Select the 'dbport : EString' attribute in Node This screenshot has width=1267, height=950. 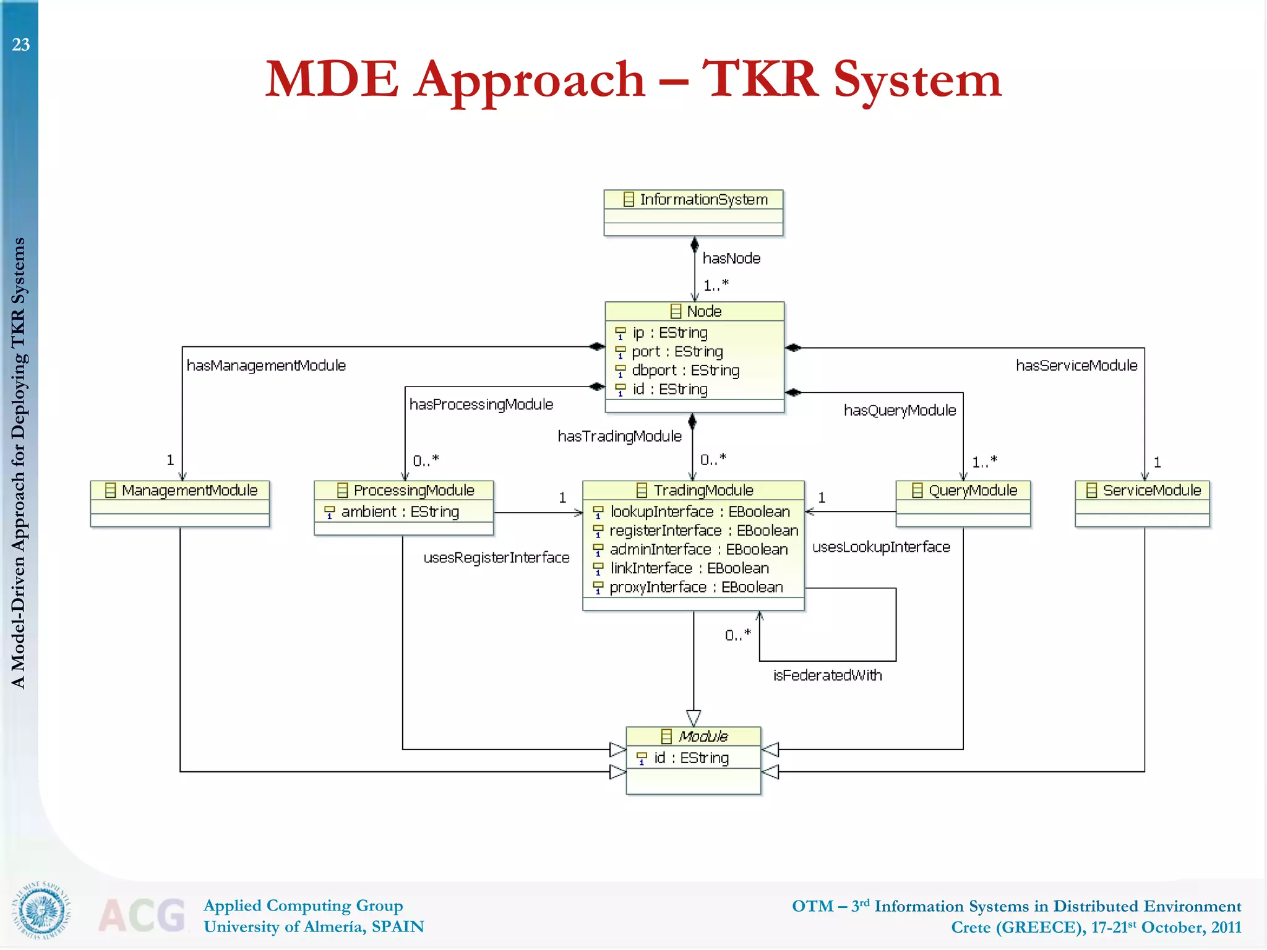point(685,370)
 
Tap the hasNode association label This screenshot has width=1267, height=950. point(731,259)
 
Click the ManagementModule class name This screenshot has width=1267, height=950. point(189,490)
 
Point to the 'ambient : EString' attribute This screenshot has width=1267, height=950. point(400,512)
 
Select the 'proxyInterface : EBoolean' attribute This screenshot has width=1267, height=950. point(695,588)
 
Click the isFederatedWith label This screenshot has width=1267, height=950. point(827,675)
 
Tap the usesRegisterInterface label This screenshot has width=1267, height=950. point(496,558)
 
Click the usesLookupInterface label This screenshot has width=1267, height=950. point(881,547)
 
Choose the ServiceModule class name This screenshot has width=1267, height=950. point(1151,490)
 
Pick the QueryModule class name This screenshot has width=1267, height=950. point(973,490)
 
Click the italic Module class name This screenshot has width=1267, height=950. point(703,737)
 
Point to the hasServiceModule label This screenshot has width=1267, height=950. point(1076,366)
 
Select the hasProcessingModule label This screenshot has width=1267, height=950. point(481,404)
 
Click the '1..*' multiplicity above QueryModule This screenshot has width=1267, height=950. point(984,462)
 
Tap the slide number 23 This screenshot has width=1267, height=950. point(20,45)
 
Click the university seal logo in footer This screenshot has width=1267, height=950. point(41,910)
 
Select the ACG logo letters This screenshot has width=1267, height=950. point(142,915)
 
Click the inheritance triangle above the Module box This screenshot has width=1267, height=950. point(694,718)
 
